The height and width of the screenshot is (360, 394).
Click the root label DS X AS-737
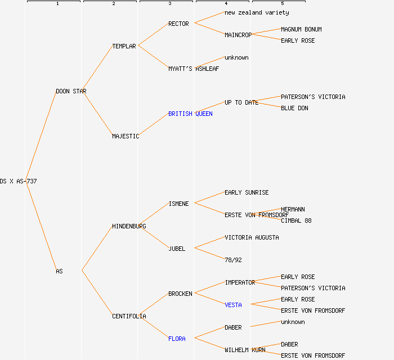point(18,181)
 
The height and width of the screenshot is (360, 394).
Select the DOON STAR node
point(71,91)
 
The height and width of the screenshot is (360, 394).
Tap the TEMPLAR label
point(124,46)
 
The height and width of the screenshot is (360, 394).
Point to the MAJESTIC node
point(126,136)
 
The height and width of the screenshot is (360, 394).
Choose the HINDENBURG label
point(129,226)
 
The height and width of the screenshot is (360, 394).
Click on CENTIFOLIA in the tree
point(129,316)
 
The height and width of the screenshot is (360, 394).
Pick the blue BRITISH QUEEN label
point(190,114)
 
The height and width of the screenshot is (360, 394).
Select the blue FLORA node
point(177,339)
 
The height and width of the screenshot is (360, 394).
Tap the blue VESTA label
point(233,305)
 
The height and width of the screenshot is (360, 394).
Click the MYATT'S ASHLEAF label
point(194,69)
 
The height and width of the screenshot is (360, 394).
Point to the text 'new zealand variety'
point(257,12)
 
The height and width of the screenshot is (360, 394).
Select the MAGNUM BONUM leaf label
point(301,29)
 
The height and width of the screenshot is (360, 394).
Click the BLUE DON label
point(294,108)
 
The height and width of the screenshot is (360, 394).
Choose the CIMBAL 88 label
point(296,220)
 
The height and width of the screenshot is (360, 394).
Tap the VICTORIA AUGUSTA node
point(252,237)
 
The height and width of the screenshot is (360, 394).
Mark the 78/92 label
point(233,260)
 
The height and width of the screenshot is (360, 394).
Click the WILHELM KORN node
point(245,350)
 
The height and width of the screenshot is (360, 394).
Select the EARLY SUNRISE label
point(247,192)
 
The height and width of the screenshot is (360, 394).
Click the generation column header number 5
point(283,4)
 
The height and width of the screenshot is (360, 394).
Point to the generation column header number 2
point(114,4)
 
